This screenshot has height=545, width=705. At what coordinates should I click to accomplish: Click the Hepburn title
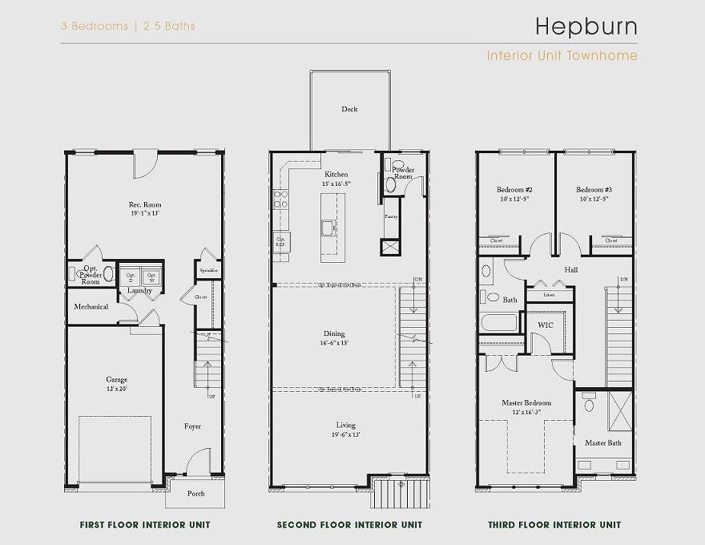(x=586, y=26)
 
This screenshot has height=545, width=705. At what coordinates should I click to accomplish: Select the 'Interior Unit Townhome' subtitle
(x=562, y=56)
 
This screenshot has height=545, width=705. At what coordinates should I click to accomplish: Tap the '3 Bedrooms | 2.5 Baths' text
(x=128, y=26)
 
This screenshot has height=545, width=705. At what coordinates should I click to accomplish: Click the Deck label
(x=349, y=109)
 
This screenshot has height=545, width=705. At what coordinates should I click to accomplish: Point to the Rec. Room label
(x=145, y=205)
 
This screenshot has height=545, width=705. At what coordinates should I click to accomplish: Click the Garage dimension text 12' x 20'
(x=117, y=389)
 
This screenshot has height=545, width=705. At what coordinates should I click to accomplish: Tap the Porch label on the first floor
(x=195, y=494)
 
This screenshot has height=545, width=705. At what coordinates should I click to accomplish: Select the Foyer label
(x=192, y=426)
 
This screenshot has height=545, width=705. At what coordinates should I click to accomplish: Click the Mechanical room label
(x=91, y=307)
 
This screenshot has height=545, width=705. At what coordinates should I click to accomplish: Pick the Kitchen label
(x=336, y=174)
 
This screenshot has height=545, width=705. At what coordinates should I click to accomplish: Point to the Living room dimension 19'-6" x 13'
(x=345, y=434)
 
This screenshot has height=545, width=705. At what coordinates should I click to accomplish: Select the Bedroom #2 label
(x=514, y=190)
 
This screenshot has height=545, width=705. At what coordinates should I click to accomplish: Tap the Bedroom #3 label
(x=594, y=190)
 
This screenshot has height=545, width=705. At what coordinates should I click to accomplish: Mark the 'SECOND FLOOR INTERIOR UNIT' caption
(x=349, y=526)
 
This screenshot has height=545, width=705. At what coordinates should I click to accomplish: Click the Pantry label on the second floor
(x=390, y=216)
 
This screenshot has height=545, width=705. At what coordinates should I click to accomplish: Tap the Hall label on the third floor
(x=570, y=270)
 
